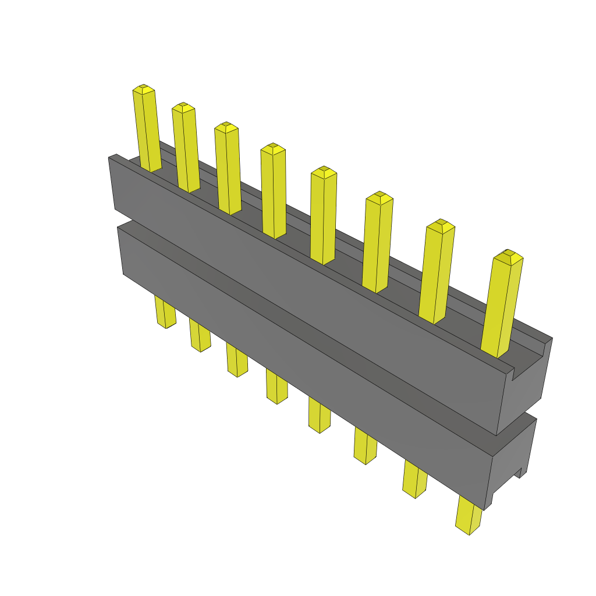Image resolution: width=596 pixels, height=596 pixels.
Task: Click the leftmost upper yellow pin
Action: click(x=146, y=131)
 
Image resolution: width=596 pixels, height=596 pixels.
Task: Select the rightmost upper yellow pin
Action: click(x=502, y=306)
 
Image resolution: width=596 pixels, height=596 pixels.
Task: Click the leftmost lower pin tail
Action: click(x=165, y=313)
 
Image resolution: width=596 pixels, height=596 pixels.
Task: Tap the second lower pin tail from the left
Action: click(x=200, y=336)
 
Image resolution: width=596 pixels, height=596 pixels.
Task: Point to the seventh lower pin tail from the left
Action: click(x=414, y=480)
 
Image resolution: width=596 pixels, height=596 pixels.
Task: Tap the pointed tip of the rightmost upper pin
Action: click(x=508, y=254)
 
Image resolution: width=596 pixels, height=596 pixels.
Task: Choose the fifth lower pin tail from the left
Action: click(x=319, y=416)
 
